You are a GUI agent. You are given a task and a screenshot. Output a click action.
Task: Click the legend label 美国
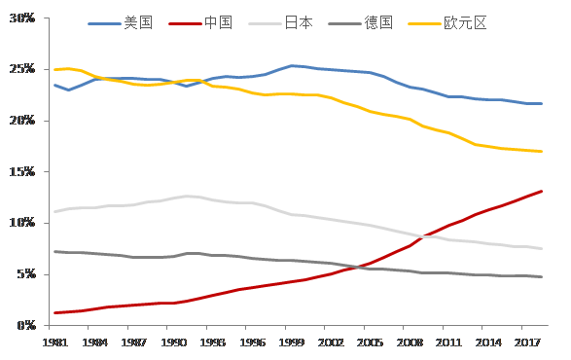point(138,23)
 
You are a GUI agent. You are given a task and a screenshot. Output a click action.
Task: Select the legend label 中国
point(218,23)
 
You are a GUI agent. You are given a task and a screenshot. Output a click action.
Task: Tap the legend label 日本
point(299,23)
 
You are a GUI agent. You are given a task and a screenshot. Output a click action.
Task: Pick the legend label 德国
point(378,23)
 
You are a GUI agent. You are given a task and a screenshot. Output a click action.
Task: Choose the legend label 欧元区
point(465,23)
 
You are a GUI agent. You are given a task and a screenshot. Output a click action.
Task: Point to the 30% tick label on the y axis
point(22,18)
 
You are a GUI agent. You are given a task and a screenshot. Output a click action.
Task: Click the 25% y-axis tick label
point(22,69)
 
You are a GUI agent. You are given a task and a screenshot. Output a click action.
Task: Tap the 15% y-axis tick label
point(22,171)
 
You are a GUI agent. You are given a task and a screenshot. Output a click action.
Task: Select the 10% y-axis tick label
point(22,223)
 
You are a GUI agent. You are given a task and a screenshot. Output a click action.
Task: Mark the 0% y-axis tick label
point(26,325)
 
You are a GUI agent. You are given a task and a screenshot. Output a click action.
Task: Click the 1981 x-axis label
point(55,342)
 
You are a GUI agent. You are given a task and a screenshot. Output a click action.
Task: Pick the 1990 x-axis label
point(174,342)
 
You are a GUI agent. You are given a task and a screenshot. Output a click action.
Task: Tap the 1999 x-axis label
point(291,342)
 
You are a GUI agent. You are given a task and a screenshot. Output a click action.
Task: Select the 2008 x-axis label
point(410,342)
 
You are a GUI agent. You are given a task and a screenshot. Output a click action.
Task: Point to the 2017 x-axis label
point(527,342)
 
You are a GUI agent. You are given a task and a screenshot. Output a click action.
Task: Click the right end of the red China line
point(542,192)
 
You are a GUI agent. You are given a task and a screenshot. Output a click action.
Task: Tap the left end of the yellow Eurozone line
point(55,70)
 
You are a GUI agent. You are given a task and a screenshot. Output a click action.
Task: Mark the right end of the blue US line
point(542,104)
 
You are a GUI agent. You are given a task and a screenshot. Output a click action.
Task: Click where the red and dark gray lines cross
point(357,268)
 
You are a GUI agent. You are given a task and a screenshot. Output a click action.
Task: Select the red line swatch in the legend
point(185,23)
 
